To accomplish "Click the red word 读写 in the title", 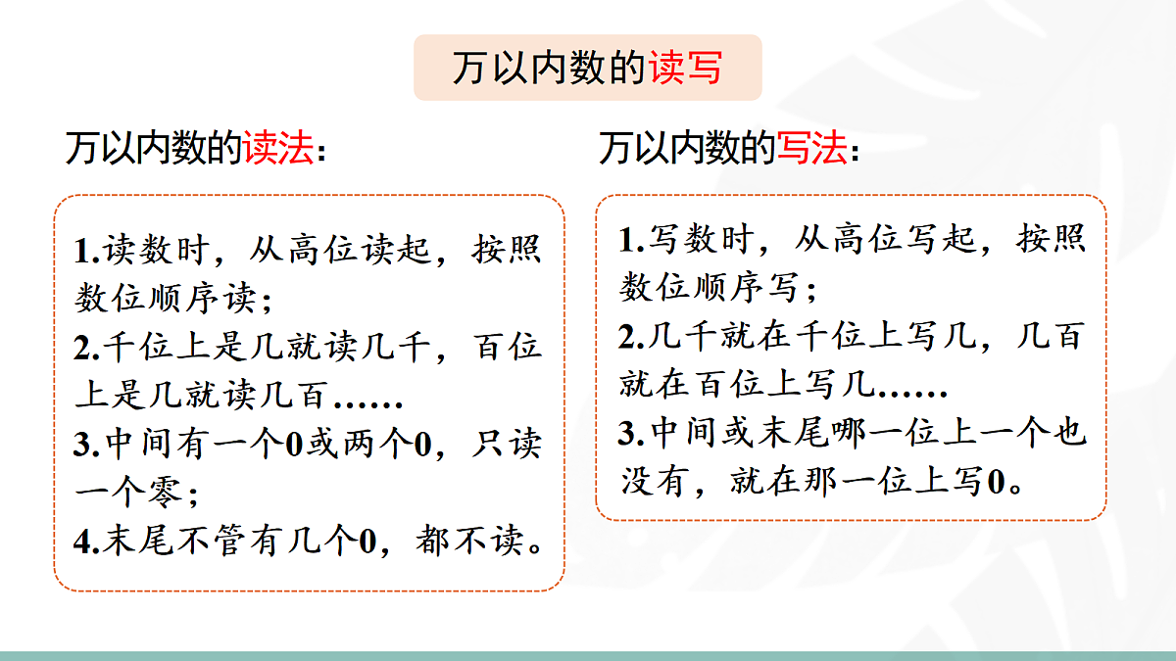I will pos(685,69).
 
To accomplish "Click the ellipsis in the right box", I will pos(911,388).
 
